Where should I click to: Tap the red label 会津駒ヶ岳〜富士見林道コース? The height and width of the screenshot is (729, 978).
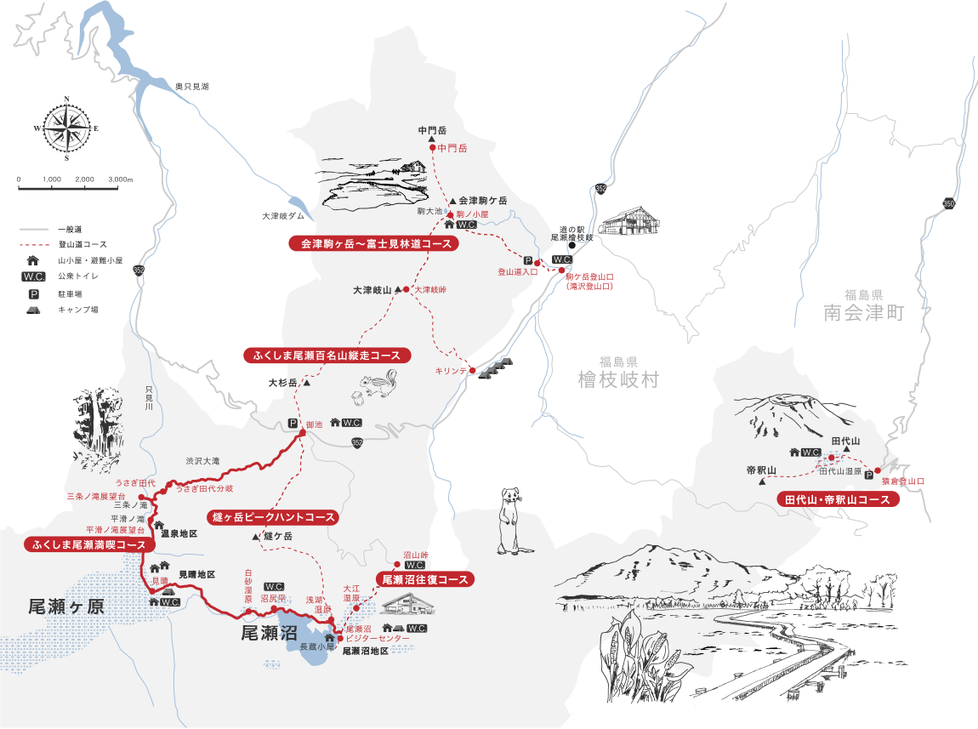click(x=374, y=243)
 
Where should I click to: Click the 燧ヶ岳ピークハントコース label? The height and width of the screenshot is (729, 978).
click(x=272, y=517)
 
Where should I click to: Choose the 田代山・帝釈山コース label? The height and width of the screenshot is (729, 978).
click(x=838, y=499)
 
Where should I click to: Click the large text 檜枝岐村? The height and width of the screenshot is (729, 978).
click(x=617, y=379)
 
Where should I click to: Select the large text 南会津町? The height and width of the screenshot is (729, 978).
click(x=863, y=313)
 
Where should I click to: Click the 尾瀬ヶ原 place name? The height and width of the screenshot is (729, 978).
click(x=65, y=607)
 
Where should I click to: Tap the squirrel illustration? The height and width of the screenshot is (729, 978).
click(x=378, y=384)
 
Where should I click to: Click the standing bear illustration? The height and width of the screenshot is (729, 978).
click(x=509, y=519)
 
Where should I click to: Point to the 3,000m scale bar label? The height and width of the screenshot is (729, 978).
click(x=119, y=180)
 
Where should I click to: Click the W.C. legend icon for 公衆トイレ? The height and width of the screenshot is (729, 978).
click(x=34, y=277)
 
